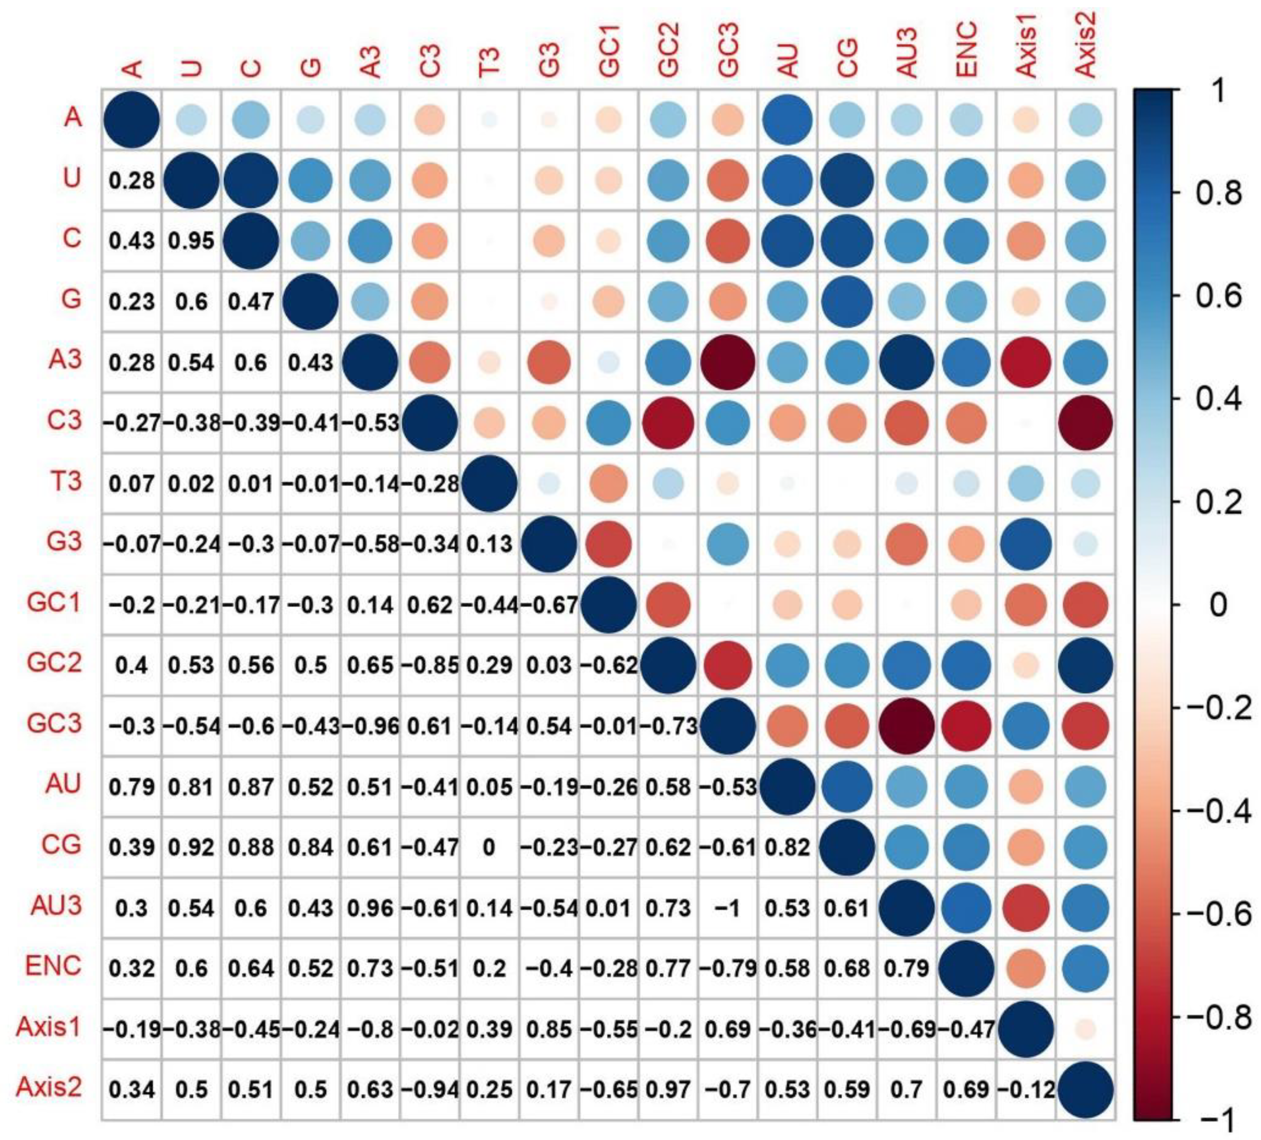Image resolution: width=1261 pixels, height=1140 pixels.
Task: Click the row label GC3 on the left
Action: coord(54,723)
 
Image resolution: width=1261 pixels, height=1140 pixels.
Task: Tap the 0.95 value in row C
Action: coord(191,241)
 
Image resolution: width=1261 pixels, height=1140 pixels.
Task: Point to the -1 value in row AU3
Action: coord(728,907)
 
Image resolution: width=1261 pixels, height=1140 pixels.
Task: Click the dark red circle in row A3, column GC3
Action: coord(728,362)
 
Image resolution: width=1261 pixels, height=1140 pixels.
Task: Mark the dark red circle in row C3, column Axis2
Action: coord(1085,423)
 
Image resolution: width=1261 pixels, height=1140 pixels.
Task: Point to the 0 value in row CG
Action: coord(489,847)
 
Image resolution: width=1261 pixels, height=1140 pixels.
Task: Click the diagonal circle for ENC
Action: coord(966,967)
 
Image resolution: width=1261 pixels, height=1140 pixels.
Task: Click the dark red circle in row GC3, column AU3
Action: coord(906,726)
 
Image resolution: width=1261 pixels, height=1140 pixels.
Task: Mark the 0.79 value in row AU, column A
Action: coord(131,786)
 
